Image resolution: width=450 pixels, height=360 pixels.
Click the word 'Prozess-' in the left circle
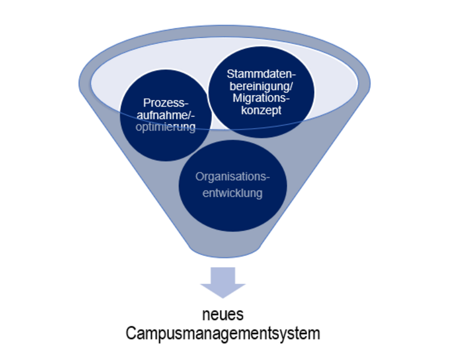pos(165,103)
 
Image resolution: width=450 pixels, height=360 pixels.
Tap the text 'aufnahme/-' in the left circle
pos(165,115)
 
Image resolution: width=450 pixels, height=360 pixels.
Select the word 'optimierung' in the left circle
pos(165,127)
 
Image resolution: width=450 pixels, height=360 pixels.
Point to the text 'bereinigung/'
pos(261,86)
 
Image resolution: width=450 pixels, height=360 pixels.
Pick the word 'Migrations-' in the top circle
pos(261,98)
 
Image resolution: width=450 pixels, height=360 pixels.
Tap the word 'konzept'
pos(261,111)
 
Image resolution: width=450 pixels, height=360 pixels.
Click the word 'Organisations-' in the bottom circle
pos(232,176)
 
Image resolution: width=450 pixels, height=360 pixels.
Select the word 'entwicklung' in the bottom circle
pos(232,193)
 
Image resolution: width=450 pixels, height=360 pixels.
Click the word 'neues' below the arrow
pos(223,315)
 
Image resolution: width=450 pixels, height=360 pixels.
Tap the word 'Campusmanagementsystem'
pos(223,333)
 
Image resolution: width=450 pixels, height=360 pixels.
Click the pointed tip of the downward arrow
pos(223,297)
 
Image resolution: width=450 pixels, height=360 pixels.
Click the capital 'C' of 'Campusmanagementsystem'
pos(130,333)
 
